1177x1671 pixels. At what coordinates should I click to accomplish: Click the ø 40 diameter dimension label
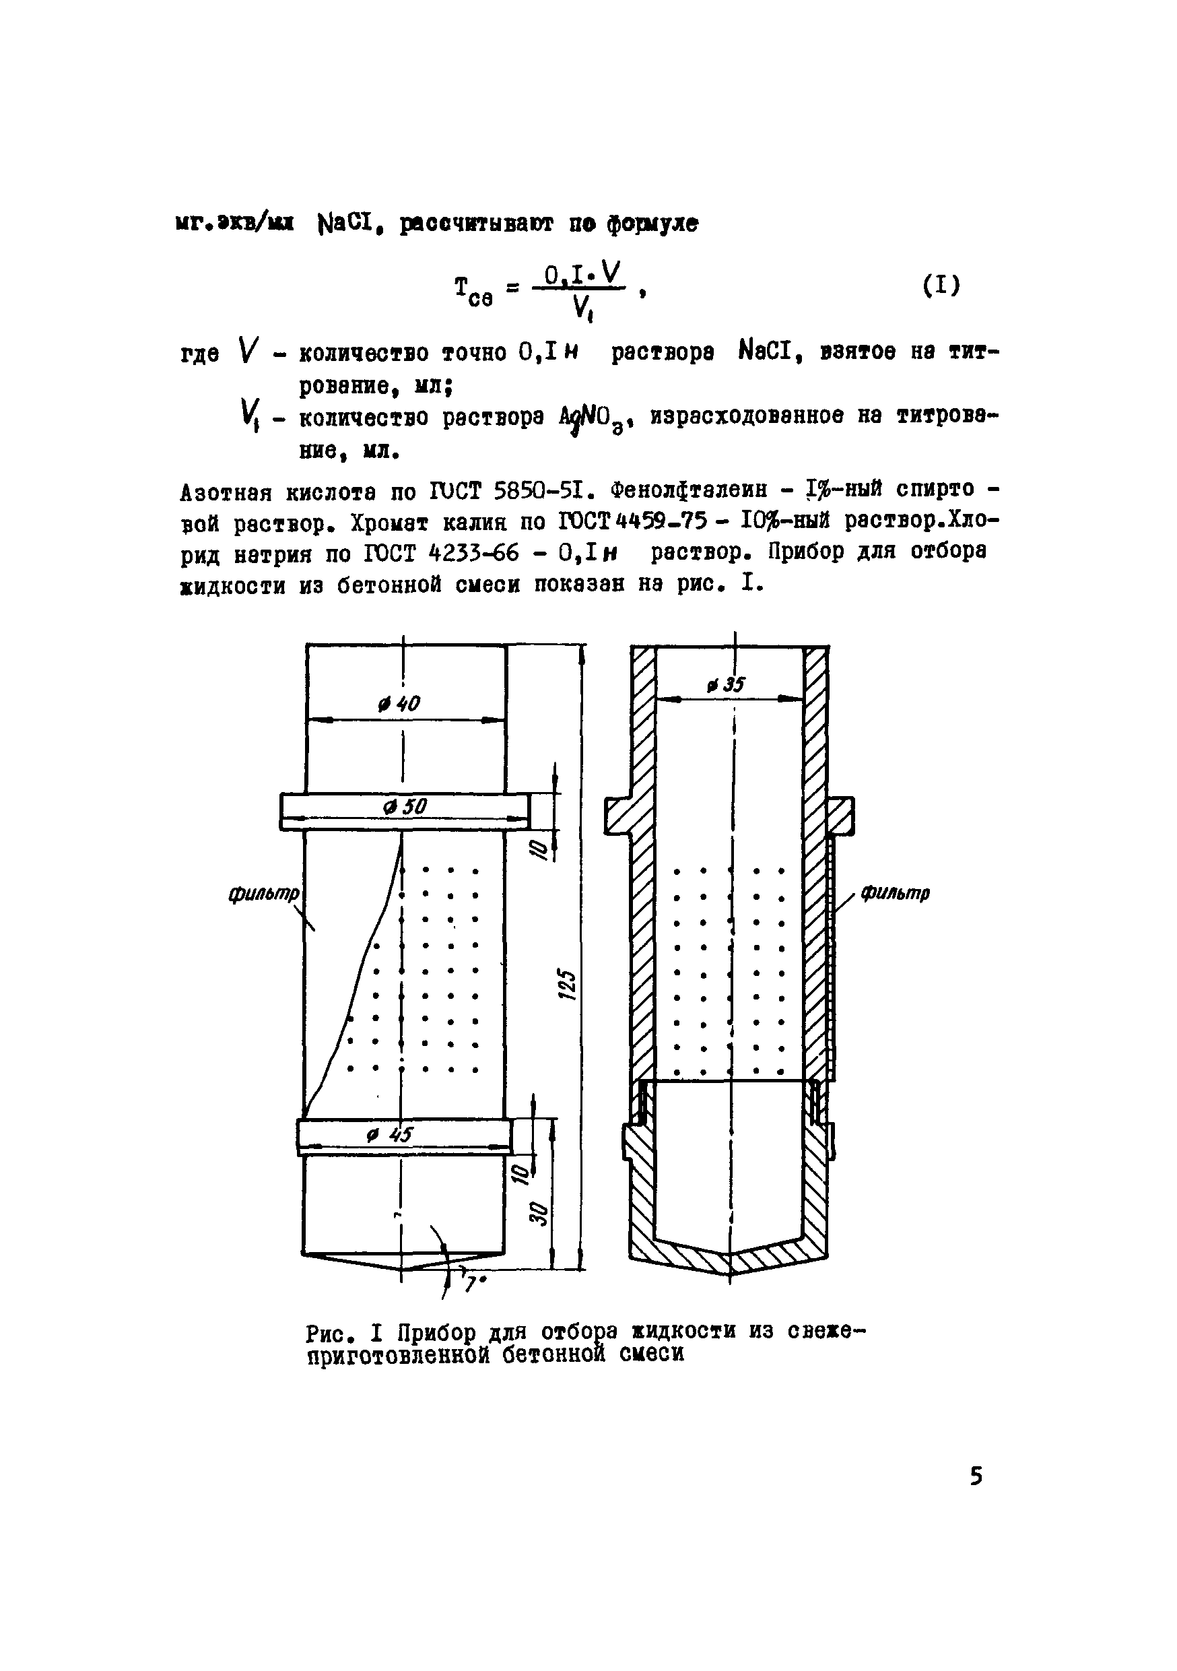coord(400,704)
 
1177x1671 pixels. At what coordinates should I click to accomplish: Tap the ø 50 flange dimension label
coord(405,807)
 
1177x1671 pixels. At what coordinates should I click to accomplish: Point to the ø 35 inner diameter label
coord(725,685)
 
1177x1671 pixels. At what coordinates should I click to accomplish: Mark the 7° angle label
coord(474,1284)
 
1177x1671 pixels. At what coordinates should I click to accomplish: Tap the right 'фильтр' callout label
coord(896,893)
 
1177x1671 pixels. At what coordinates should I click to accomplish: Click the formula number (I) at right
coord(941,286)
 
